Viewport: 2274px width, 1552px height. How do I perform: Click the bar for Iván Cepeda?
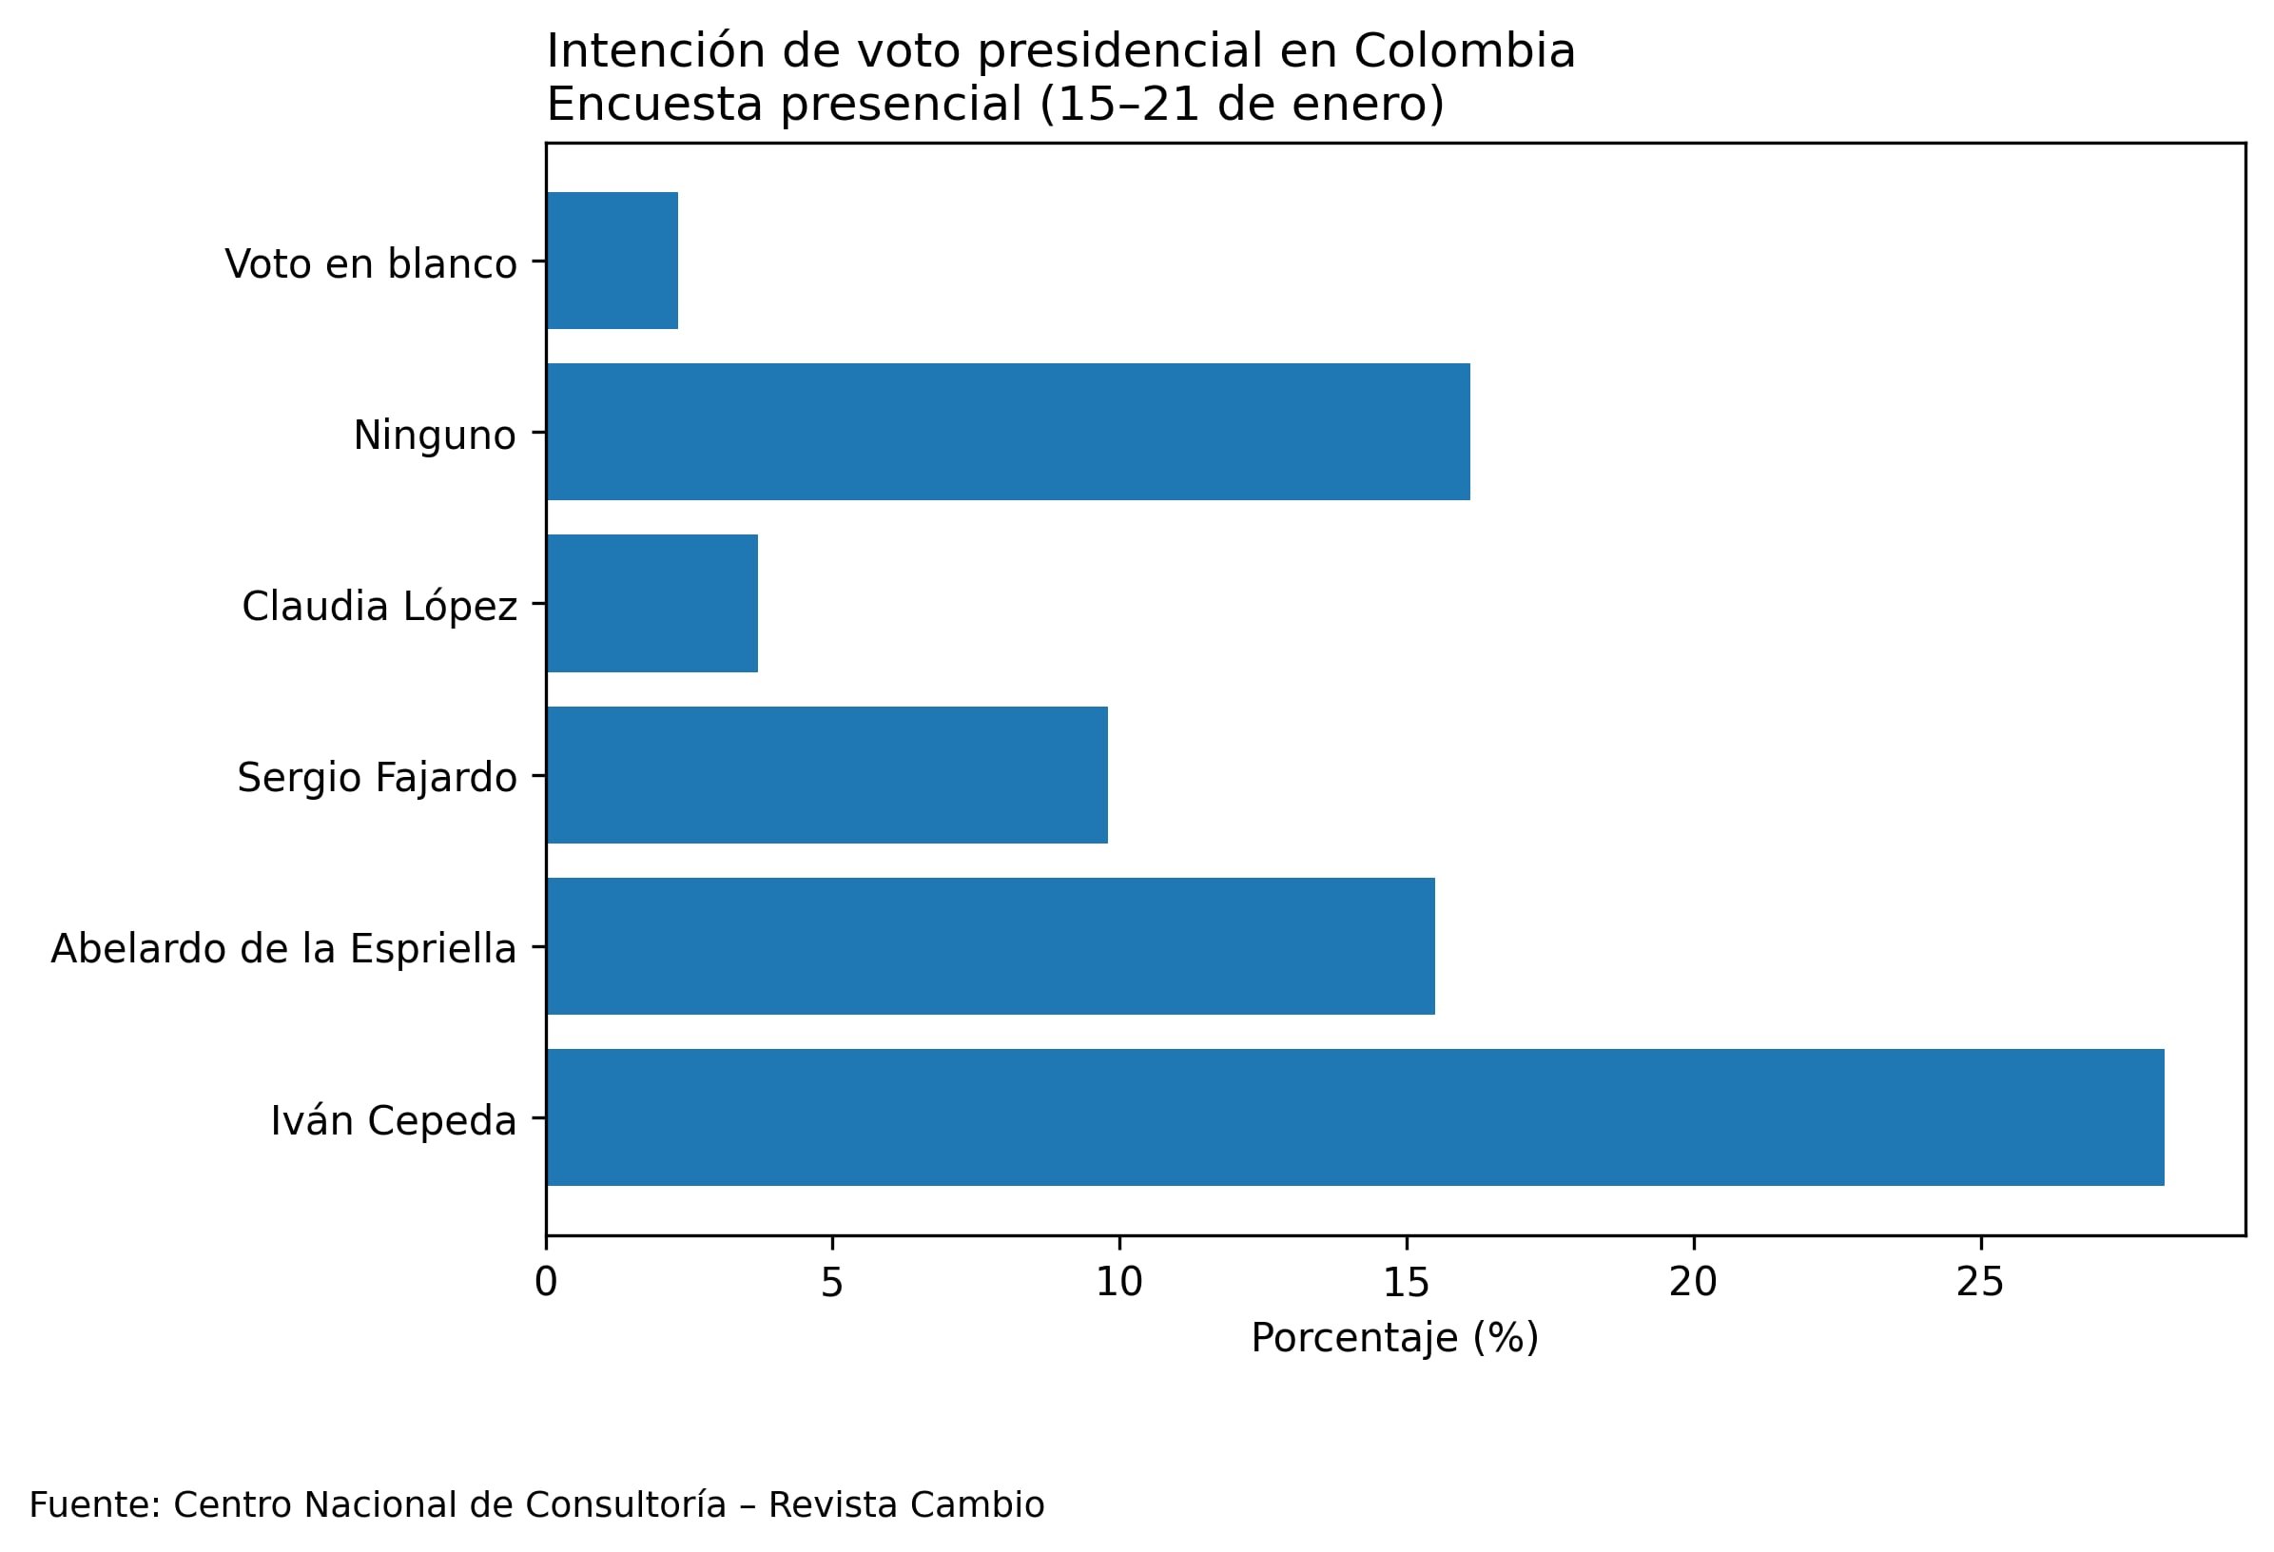tap(1355, 1117)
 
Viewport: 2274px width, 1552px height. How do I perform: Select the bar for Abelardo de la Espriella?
tap(990, 946)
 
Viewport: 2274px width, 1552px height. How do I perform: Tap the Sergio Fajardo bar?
tap(826, 775)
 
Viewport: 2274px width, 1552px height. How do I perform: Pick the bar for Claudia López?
tap(651, 603)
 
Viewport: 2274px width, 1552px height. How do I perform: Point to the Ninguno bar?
tap(1008, 432)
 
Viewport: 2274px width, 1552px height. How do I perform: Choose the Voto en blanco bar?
tap(612, 261)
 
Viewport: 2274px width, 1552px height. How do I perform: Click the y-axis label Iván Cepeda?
tap(394, 1120)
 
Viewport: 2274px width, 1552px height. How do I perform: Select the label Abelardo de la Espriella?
tap(283, 948)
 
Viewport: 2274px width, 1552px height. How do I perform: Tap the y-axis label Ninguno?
tap(435, 435)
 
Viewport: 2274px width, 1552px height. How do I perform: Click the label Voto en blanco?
tap(371, 263)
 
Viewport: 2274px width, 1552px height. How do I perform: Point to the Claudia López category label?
tap(379, 606)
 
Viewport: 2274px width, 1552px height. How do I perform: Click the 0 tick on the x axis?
tap(546, 1283)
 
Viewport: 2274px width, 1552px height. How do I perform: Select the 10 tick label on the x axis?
tap(1118, 1283)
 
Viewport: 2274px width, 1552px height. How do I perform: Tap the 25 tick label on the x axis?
tap(1980, 1283)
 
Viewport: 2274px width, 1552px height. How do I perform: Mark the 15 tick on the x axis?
tap(1406, 1283)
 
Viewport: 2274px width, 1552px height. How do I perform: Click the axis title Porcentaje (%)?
tap(1394, 1338)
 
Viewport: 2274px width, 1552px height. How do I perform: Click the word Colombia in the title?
tap(1464, 51)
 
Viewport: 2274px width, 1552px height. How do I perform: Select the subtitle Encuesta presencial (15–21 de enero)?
tap(995, 104)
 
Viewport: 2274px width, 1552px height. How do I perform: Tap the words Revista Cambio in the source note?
tap(906, 1504)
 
